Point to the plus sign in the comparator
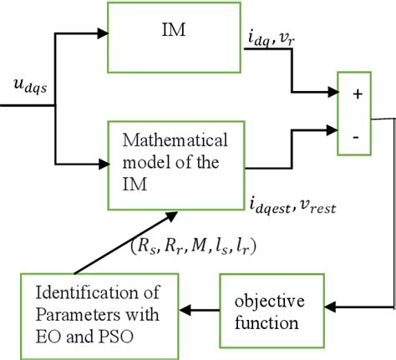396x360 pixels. click(x=358, y=94)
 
